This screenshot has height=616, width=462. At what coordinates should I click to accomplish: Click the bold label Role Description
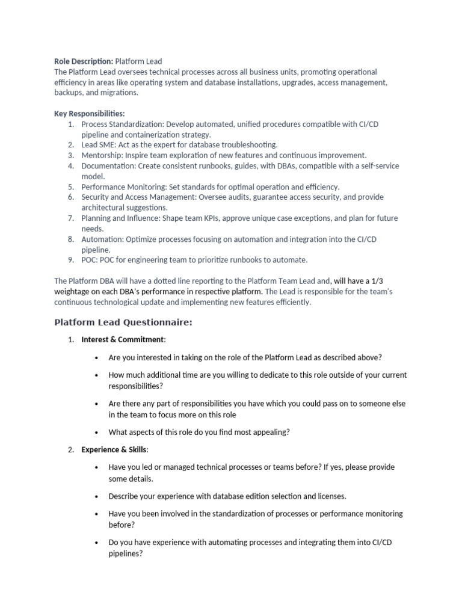point(83,61)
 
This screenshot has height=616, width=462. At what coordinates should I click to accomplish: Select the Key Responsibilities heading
point(90,114)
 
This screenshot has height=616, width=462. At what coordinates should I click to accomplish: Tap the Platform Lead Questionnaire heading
point(123,322)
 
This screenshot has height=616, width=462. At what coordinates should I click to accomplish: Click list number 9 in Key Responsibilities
point(70,260)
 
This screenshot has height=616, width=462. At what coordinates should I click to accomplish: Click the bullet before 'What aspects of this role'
point(97,432)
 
